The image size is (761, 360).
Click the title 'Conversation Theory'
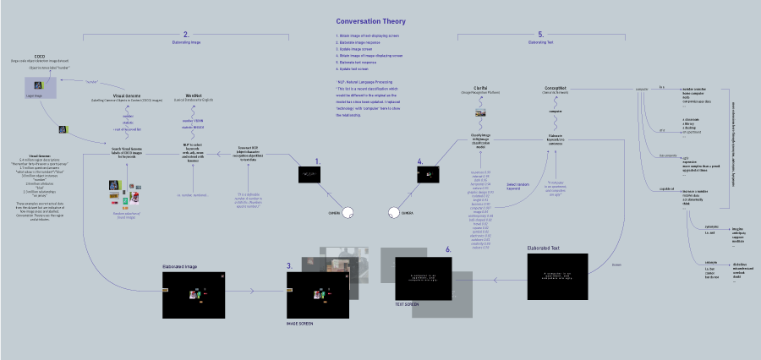click(371, 21)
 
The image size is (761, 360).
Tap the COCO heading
click(39, 54)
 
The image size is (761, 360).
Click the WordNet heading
click(193, 95)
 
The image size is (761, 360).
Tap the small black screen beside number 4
click(430, 174)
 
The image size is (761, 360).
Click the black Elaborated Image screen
click(194, 295)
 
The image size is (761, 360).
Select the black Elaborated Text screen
click(556, 277)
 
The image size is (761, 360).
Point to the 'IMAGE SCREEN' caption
click(299, 324)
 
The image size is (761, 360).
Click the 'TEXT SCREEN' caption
click(408, 303)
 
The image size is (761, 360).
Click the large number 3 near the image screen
click(289, 265)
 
